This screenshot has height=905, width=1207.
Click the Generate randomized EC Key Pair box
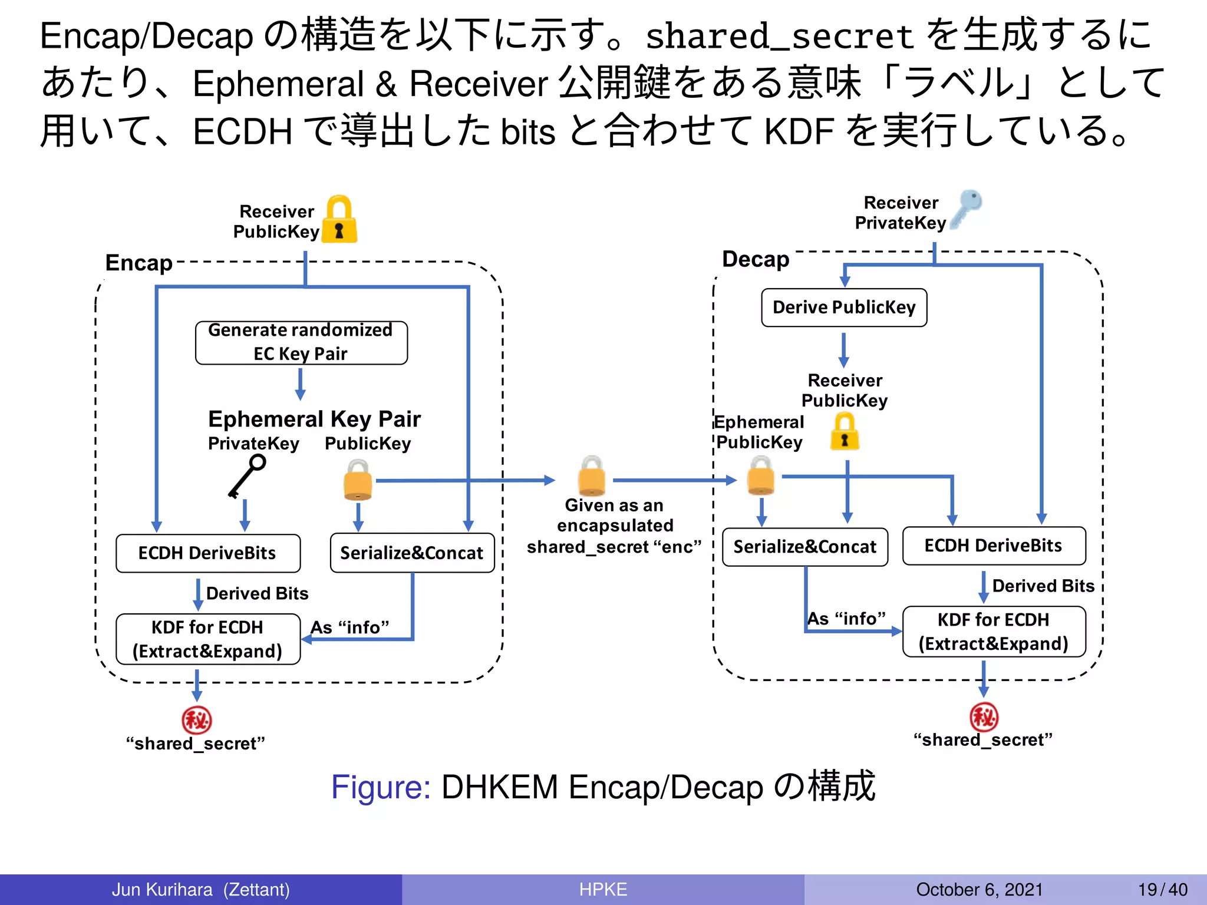coord(301,342)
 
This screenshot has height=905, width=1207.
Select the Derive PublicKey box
coord(844,308)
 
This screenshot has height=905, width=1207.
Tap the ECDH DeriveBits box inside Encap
coord(208,553)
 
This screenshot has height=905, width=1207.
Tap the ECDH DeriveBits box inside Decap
coord(994,546)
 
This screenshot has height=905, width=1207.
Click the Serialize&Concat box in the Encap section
coord(412,553)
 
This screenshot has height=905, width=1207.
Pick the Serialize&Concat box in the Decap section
coord(805,547)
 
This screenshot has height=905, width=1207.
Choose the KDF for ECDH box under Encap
coord(208,639)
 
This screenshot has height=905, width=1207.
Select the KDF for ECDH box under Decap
coord(994,632)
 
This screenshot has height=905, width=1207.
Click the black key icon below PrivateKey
coord(247,476)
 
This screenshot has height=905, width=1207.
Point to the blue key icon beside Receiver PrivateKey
coord(966,208)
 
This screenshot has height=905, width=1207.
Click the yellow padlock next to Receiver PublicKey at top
coord(339,220)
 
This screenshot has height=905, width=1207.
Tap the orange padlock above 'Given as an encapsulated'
coord(592,476)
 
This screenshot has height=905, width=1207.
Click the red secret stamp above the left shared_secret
coord(196,719)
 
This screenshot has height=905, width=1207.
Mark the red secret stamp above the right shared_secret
coord(984,716)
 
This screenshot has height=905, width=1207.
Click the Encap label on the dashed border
coord(139,263)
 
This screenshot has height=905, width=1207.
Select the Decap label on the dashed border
coord(756,259)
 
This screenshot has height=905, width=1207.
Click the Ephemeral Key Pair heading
coord(314,419)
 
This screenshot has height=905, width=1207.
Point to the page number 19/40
coord(1162,889)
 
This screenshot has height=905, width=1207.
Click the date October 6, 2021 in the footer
coord(979,889)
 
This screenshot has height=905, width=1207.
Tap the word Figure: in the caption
coord(381,787)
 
